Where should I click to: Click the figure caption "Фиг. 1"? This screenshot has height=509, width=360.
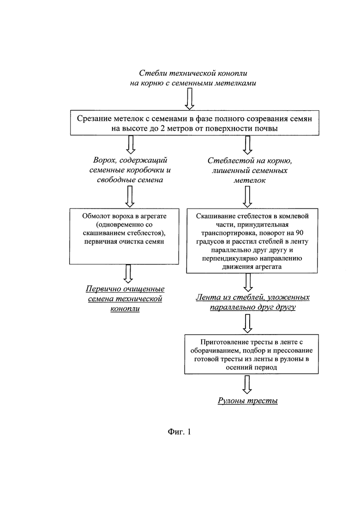click(x=179, y=431)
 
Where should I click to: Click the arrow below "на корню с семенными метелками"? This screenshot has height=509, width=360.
click(x=189, y=99)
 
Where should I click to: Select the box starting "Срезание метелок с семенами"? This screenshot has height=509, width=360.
click(x=194, y=123)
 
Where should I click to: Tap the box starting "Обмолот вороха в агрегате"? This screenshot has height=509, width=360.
click(x=124, y=236)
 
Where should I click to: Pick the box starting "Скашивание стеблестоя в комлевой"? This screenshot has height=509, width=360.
click(x=252, y=240)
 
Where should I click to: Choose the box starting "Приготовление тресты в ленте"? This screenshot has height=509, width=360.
click(x=251, y=354)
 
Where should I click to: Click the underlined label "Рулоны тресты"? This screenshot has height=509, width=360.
click(x=248, y=401)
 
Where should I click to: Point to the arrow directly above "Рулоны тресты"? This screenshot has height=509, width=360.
click(x=247, y=384)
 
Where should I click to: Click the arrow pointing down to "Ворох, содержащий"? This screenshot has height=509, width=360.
click(x=130, y=144)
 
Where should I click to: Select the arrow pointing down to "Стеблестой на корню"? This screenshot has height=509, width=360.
click(x=248, y=145)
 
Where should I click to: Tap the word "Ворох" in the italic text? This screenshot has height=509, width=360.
click(x=103, y=160)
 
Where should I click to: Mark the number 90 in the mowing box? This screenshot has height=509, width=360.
click(x=299, y=233)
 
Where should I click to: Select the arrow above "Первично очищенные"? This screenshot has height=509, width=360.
click(x=128, y=274)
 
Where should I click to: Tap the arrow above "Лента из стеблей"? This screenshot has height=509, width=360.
click(x=248, y=282)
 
